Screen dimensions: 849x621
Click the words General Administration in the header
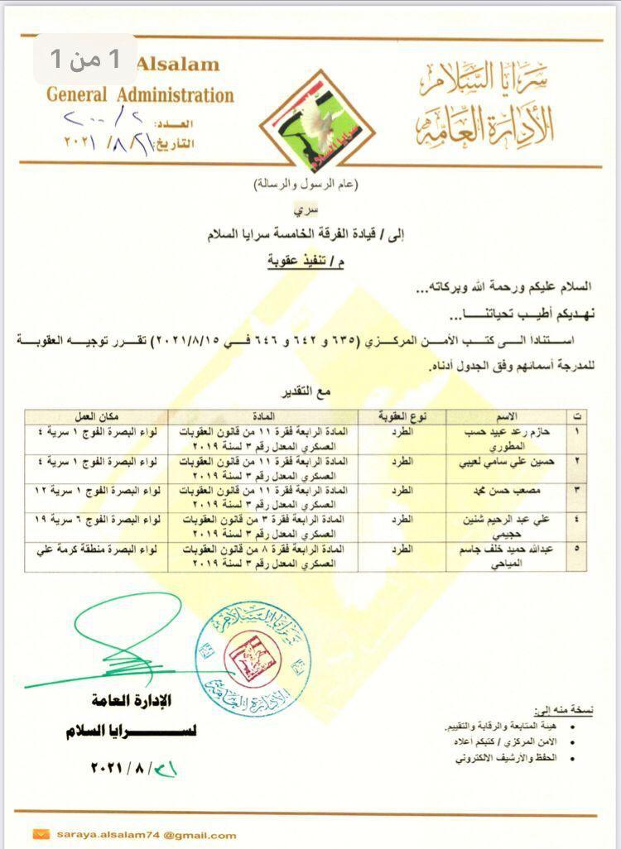click(x=140, y=94)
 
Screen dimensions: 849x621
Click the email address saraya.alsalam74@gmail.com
click(x=147, y=835)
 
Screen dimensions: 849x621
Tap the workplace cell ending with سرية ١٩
click(x=96, y=519)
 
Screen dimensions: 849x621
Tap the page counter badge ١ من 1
click(x=86, y=59)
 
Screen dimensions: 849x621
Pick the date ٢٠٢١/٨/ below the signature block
click(x=132, y=769)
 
